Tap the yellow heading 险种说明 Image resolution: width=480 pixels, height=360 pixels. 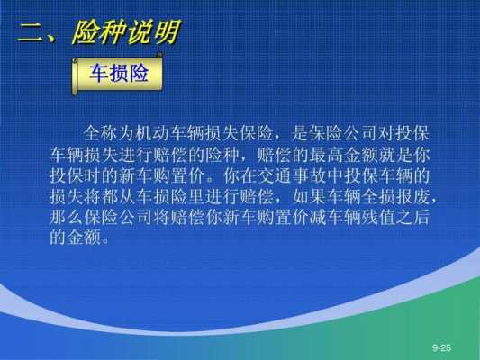[126, 32]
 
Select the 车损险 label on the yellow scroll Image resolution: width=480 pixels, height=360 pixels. [119, 73]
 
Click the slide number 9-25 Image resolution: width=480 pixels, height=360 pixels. [442, 347]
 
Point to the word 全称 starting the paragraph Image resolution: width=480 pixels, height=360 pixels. [100, 133]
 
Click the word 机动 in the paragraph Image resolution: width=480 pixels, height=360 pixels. [152, 133]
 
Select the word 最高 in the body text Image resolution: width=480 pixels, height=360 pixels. [326, 155]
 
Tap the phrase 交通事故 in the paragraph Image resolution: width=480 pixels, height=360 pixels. [293, 175]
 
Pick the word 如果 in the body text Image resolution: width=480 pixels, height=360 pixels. [310, 197]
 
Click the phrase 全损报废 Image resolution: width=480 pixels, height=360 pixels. [396, 197]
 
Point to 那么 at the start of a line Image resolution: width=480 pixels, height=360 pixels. [67, 218]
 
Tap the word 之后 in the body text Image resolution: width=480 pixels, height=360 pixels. [413, 218]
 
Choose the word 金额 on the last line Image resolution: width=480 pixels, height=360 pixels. [84, 237]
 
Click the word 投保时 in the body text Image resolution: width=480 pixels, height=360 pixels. [76, 175]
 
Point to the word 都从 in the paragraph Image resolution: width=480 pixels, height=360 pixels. [119, 197]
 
